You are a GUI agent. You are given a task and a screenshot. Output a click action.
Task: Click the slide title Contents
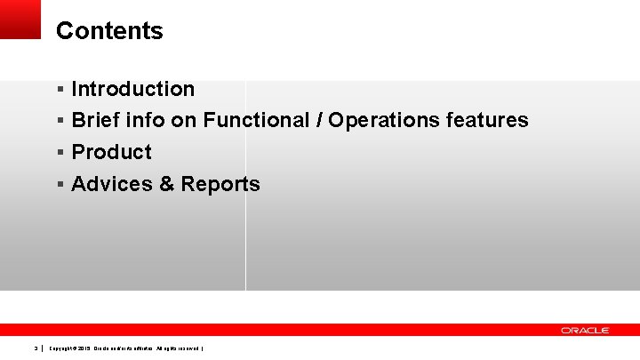point(109,31)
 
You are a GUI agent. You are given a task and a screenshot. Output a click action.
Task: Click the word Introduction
point(132,89)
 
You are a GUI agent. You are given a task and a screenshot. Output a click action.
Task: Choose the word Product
point(111,152)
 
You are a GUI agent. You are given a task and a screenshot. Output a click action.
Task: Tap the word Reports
point(220,185)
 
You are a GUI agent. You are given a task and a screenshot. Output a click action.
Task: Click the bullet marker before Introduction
point(60,89)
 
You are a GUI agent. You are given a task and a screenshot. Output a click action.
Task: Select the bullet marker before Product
point(60,153)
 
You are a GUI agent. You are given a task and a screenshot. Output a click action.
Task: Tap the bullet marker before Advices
point(60,185)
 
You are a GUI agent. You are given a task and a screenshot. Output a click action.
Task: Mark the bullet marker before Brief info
point(60,121)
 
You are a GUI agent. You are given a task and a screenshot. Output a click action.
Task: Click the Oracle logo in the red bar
point(585,330)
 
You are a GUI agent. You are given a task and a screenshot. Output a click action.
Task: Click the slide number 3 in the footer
point(36,348)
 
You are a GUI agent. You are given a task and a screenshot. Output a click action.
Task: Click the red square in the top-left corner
point(20,19)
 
